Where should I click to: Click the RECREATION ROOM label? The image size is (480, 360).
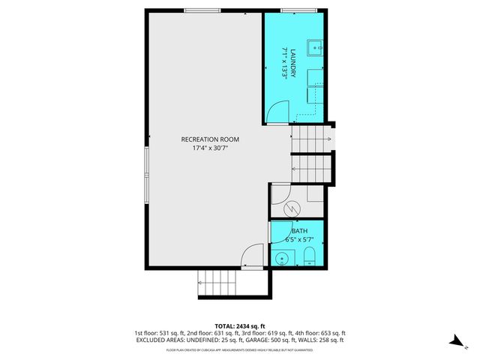[x=209, y=139]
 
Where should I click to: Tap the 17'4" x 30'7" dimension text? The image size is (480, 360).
[x=209, y=148]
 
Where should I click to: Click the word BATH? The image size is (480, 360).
[x=299, y=231]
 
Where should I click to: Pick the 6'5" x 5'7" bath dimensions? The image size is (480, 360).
[x=299, y=240]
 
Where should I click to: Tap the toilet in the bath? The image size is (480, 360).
[x=310, y=259]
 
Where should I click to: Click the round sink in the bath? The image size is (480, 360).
[x=280, y=259]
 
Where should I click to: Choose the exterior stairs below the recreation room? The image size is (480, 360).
[x=217, y=284]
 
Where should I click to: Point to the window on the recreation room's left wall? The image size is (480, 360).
[x=147, y=169]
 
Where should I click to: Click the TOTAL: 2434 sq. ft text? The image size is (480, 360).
[x=239, y=325]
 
